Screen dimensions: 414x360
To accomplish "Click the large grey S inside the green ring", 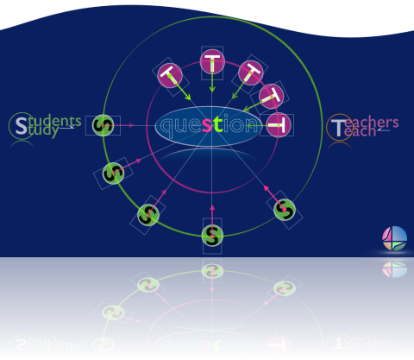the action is (x=21, y=126).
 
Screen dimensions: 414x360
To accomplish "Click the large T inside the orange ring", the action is (x=338, y=128).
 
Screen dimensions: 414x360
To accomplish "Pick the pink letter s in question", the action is (x=207, y=125).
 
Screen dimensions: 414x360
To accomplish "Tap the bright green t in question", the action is (x=217, y=124).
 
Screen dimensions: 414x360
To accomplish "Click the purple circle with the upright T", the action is (x=212, y=61).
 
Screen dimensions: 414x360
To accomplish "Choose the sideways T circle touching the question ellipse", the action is (x=279, y=125).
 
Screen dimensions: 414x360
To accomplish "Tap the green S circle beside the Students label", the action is (x=103, y=125).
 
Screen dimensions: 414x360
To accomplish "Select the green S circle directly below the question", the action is (x=212, y=236).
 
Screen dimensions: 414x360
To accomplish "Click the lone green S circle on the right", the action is (x=285, y=210).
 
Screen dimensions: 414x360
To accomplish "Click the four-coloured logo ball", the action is (x=394, y=238).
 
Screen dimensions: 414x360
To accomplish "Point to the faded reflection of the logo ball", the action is (x=394, y=269).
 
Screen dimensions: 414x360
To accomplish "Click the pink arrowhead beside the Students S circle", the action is (x=131, y=125).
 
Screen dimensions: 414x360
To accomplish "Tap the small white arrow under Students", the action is (x=66, y=128).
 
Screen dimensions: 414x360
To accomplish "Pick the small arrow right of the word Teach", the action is (x=384, y=129).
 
